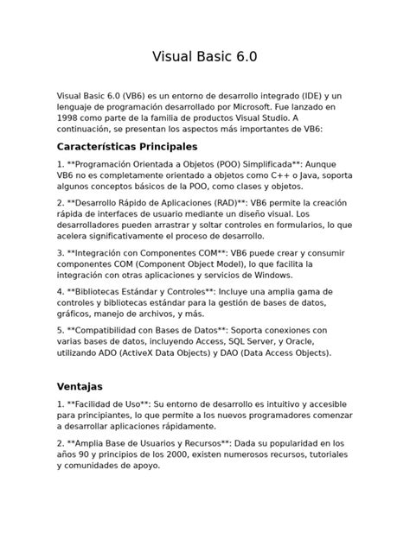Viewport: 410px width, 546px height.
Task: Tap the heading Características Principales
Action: pos(127,146)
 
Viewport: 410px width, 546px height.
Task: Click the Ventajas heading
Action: pos(80,386)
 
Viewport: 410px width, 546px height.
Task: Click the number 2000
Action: pos(192,454)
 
